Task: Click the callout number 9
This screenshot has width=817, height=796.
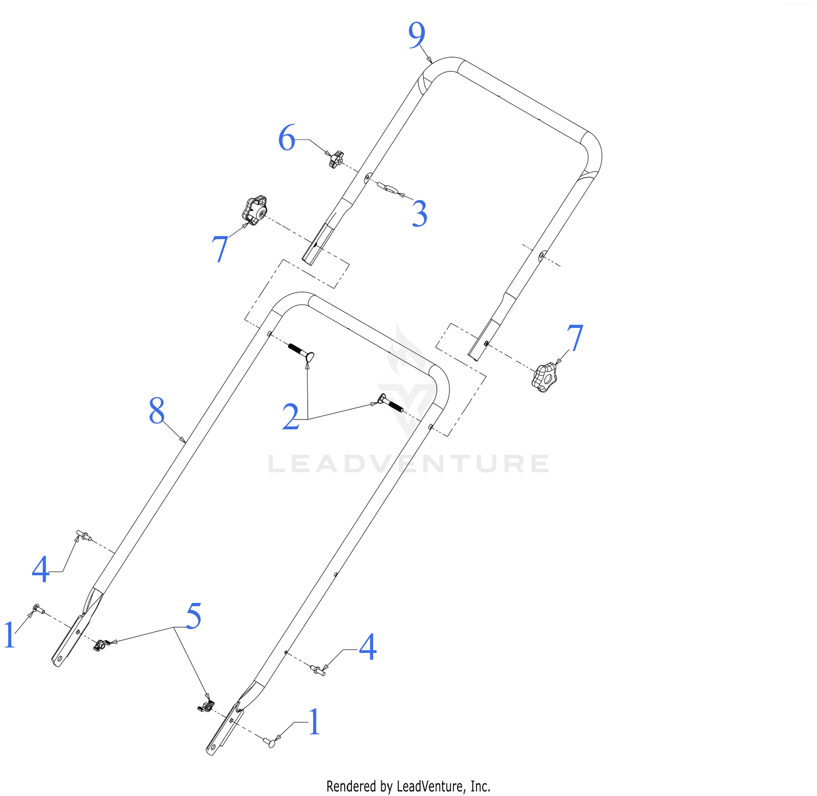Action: click(417, 35)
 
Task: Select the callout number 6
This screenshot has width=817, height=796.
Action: click(286, 138)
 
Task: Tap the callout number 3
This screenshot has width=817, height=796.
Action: click(419, 214)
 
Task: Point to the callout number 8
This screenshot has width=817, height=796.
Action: click(157, 411)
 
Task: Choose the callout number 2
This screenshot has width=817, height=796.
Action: click(291, 417)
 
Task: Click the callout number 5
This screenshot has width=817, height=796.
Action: click(193, 616)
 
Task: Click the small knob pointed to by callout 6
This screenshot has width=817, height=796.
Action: click(337, 159)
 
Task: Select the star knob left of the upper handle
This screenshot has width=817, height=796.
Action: click(254, 210)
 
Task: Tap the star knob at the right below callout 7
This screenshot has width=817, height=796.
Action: click(545, 378)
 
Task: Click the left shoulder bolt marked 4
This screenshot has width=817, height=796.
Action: click(83, 535)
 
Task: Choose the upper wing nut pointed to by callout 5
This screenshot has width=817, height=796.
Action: click(101, 645)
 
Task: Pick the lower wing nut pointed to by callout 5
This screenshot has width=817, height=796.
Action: click(205, 706)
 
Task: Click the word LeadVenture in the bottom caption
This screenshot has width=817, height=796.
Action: click(431, 786)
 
